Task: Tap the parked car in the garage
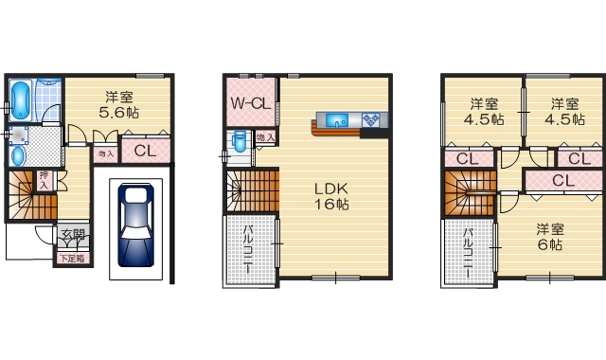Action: pyautogui.click(x=136, y=225)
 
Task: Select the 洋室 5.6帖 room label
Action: pyautogui.click(x=118, y=103)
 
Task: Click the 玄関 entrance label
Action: pyautogui.click(x=73, y=237)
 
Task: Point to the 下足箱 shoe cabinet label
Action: pyautogui.click(x=73, y=258)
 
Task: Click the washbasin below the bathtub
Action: pyautogui.click(x=19, y=154)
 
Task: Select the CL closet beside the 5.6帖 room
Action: pyautogui.click(x=146, y=151)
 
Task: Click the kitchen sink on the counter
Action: pyautogui.click(x=338, y=119)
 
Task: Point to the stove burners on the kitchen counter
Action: pyautogui.click(x=372, y=119)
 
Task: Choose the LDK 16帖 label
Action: pyautogui.click(x=332, y=195)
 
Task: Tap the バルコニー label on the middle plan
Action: pyautogui.click(x=249, y=249)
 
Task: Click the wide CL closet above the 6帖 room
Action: pyautogui.click(x=562, y=180)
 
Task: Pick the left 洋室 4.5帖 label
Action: pyautogui.click(x=483, y=112)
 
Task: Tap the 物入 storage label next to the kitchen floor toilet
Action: pyautogui.click(x=265, y=137)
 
